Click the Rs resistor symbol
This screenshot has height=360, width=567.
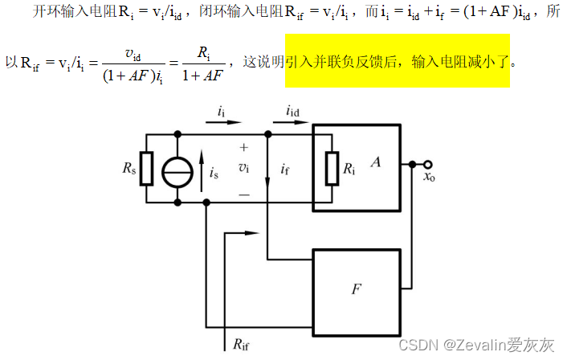coord(145,168)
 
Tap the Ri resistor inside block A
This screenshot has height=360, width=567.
coord(332,168)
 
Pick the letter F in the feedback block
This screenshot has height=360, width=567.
coord(356,287)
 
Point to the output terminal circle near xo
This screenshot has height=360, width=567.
coord(428,163)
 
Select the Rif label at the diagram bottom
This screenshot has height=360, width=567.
coord(241,343)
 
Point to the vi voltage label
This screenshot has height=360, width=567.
coord(244,168)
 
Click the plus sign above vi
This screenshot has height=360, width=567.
coord(244,148)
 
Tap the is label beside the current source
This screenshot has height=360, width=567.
coord(214,172)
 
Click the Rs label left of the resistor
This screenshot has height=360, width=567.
coord(129,168)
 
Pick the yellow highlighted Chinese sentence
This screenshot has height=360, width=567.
coord(398,61)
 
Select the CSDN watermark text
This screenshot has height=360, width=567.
coord(488,345)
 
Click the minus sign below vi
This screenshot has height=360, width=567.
coord(244,194)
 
